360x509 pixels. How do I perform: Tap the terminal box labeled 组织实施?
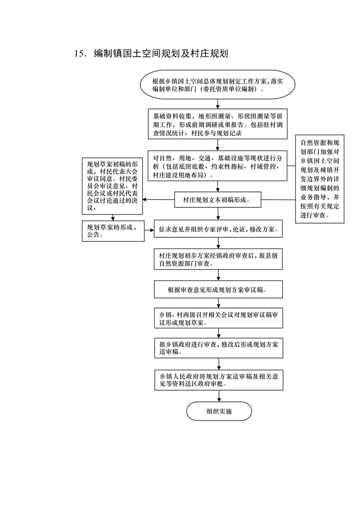tap(218, 411)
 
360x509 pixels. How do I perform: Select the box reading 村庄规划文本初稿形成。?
tap(218, 200)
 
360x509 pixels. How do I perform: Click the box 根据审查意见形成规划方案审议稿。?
tap(218, 289)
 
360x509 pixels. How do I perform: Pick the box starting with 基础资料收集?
tap(218, 123)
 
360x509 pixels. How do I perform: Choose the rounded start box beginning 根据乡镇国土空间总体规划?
tap(218, 84)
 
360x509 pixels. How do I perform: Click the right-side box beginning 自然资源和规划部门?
tap(320, 178)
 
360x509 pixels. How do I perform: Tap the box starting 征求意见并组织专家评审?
tap(218, 230)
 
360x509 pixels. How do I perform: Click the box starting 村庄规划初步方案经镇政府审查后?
tap(218, 259)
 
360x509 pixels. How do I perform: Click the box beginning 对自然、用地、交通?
tap(218, 166)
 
